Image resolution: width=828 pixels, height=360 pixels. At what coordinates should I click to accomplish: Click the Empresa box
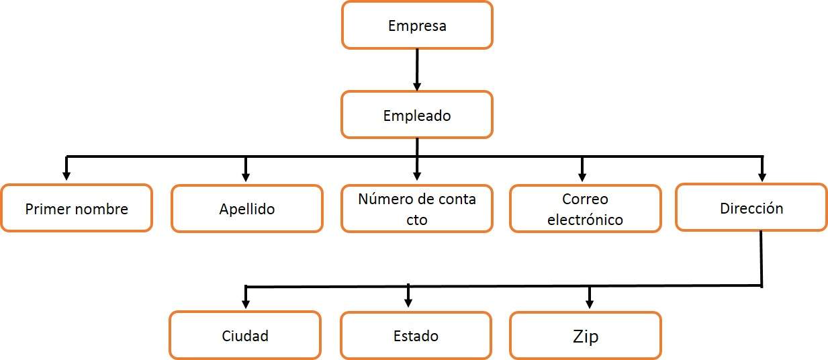(417, 26)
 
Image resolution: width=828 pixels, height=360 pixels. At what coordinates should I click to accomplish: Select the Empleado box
(417, 115)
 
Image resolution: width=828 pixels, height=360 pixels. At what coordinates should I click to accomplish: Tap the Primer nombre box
(77, 208)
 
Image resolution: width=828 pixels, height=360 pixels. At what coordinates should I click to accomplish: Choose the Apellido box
(246, 209)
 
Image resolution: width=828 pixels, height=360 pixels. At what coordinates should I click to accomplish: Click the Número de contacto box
(417, 209)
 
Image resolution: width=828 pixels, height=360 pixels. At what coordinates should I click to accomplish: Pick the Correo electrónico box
(585, 209)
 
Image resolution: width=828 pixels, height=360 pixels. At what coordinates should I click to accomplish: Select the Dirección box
(751, 208)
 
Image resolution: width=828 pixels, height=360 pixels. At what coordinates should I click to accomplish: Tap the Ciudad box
(245, 335)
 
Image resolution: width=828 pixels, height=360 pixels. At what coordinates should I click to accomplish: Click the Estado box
(416, 335)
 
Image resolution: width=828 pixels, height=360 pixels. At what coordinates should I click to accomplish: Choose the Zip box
(585, 335)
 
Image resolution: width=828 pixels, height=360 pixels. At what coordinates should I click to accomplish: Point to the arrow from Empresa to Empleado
(417, 70)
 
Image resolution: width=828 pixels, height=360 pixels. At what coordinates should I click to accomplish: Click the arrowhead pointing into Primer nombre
(66, 176)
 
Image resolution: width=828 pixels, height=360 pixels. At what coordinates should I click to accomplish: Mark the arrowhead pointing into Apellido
(246, 176)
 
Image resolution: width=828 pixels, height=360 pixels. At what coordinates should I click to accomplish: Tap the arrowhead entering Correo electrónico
(582, 176)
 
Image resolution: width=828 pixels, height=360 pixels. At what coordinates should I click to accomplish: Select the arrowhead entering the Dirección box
(762, 176)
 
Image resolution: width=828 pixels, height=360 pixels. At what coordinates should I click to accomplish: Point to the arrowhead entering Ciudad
(246, 303)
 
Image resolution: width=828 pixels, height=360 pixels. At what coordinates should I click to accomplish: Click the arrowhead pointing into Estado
(408, 303)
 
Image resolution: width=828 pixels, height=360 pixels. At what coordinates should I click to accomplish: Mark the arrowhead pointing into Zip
(590, 303)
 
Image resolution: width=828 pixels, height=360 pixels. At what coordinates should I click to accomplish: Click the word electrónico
(585, 220)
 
